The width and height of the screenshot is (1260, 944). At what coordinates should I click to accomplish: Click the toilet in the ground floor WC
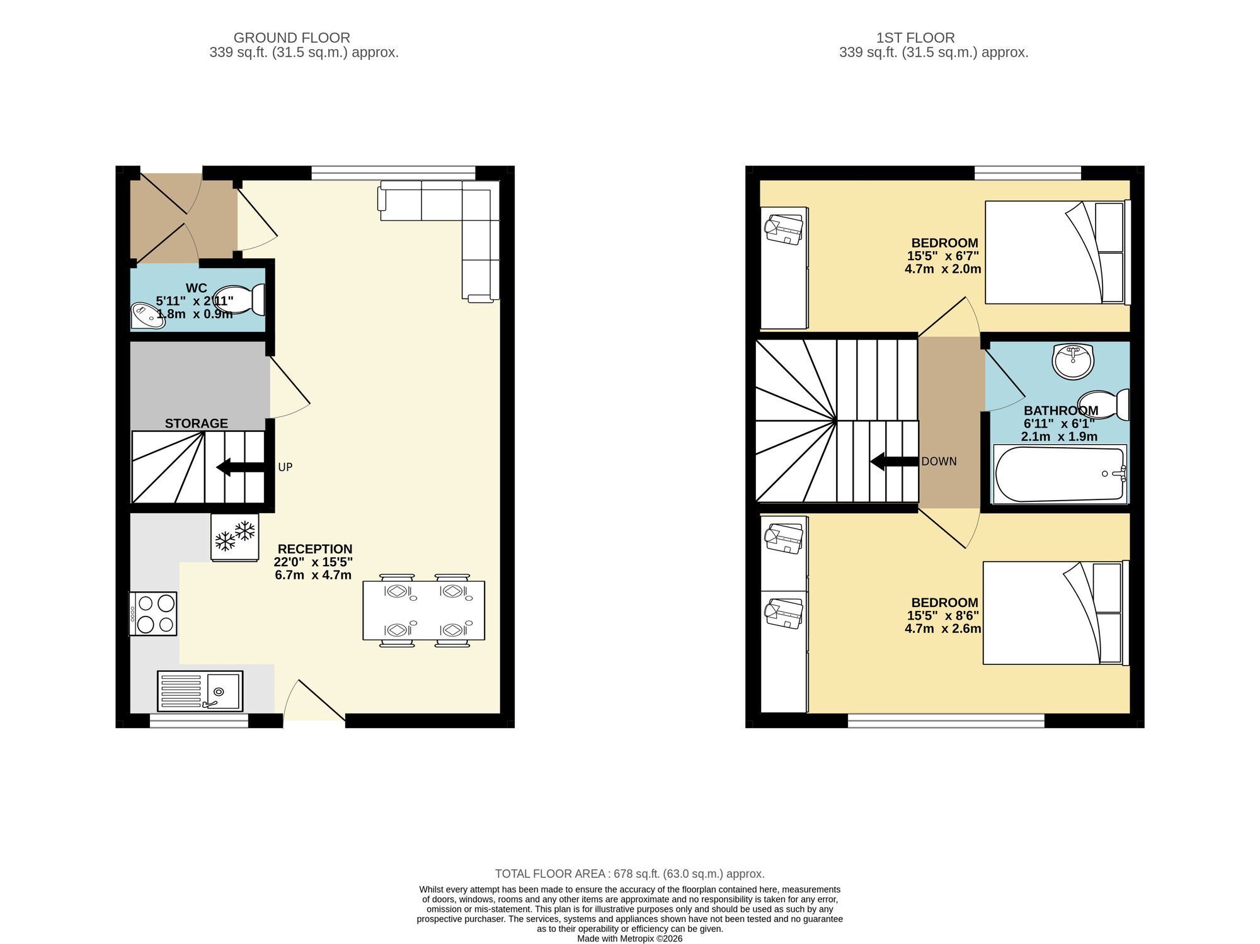(239, 300)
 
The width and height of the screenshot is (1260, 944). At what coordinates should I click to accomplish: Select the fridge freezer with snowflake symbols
(234, 537)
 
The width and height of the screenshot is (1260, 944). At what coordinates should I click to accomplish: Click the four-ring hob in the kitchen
(153, 614)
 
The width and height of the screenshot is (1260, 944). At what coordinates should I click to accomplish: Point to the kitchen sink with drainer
(200, 691)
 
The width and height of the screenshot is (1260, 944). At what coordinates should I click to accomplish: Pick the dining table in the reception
(423, 610)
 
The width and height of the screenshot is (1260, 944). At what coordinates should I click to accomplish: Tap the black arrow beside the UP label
(241, 467)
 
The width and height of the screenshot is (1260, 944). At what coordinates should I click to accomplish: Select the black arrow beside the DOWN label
(894, 462)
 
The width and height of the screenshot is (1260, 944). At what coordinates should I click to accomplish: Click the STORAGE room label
(197, 424)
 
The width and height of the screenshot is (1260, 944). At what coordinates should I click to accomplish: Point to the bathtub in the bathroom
(1060, 474)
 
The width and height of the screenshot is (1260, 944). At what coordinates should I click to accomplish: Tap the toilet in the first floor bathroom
(1103, 405)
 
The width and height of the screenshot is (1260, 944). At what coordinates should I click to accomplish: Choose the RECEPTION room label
(315, 549)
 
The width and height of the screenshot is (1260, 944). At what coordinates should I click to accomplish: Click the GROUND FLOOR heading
(292, 38)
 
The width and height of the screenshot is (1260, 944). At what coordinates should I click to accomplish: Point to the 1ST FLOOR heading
(915, 38)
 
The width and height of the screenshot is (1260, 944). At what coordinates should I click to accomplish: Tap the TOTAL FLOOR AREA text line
(630, 874)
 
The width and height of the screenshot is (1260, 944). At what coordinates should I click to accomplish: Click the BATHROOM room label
(1061, 411)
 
